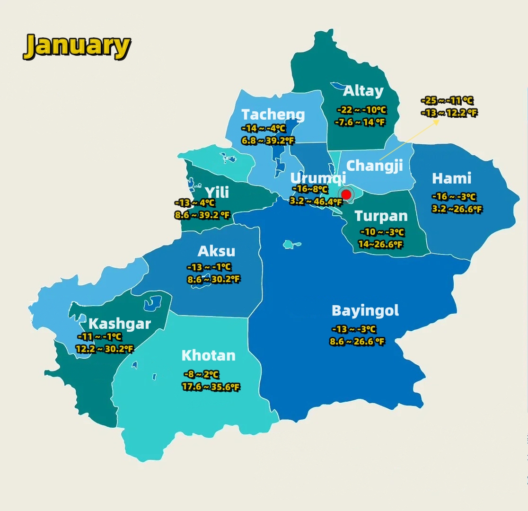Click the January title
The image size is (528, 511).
click(77, 46)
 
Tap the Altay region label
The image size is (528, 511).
click(363, 91)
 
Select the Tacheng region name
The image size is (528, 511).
click(273, 115)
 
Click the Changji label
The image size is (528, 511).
click(375, 166)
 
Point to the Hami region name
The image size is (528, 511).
click(451, 178)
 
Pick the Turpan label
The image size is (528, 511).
click(381, 216)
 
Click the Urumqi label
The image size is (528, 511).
click(318, 178)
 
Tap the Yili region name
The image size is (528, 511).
click(217, 192)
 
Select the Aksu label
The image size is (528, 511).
click(216, 251)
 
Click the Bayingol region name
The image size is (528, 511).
click(365, 311)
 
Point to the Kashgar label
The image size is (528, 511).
click(120, 324)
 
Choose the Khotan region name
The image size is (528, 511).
click(208, 355)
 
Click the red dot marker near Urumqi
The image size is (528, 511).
click(346, 194)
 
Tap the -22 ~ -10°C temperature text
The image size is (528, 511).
click(361, 110)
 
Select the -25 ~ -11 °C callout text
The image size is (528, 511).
click(447, 100)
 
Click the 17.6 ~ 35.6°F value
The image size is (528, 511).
click(211, 387)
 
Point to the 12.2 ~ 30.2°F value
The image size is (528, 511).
click(105, 349)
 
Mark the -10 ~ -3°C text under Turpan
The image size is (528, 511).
click(382, 232)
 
